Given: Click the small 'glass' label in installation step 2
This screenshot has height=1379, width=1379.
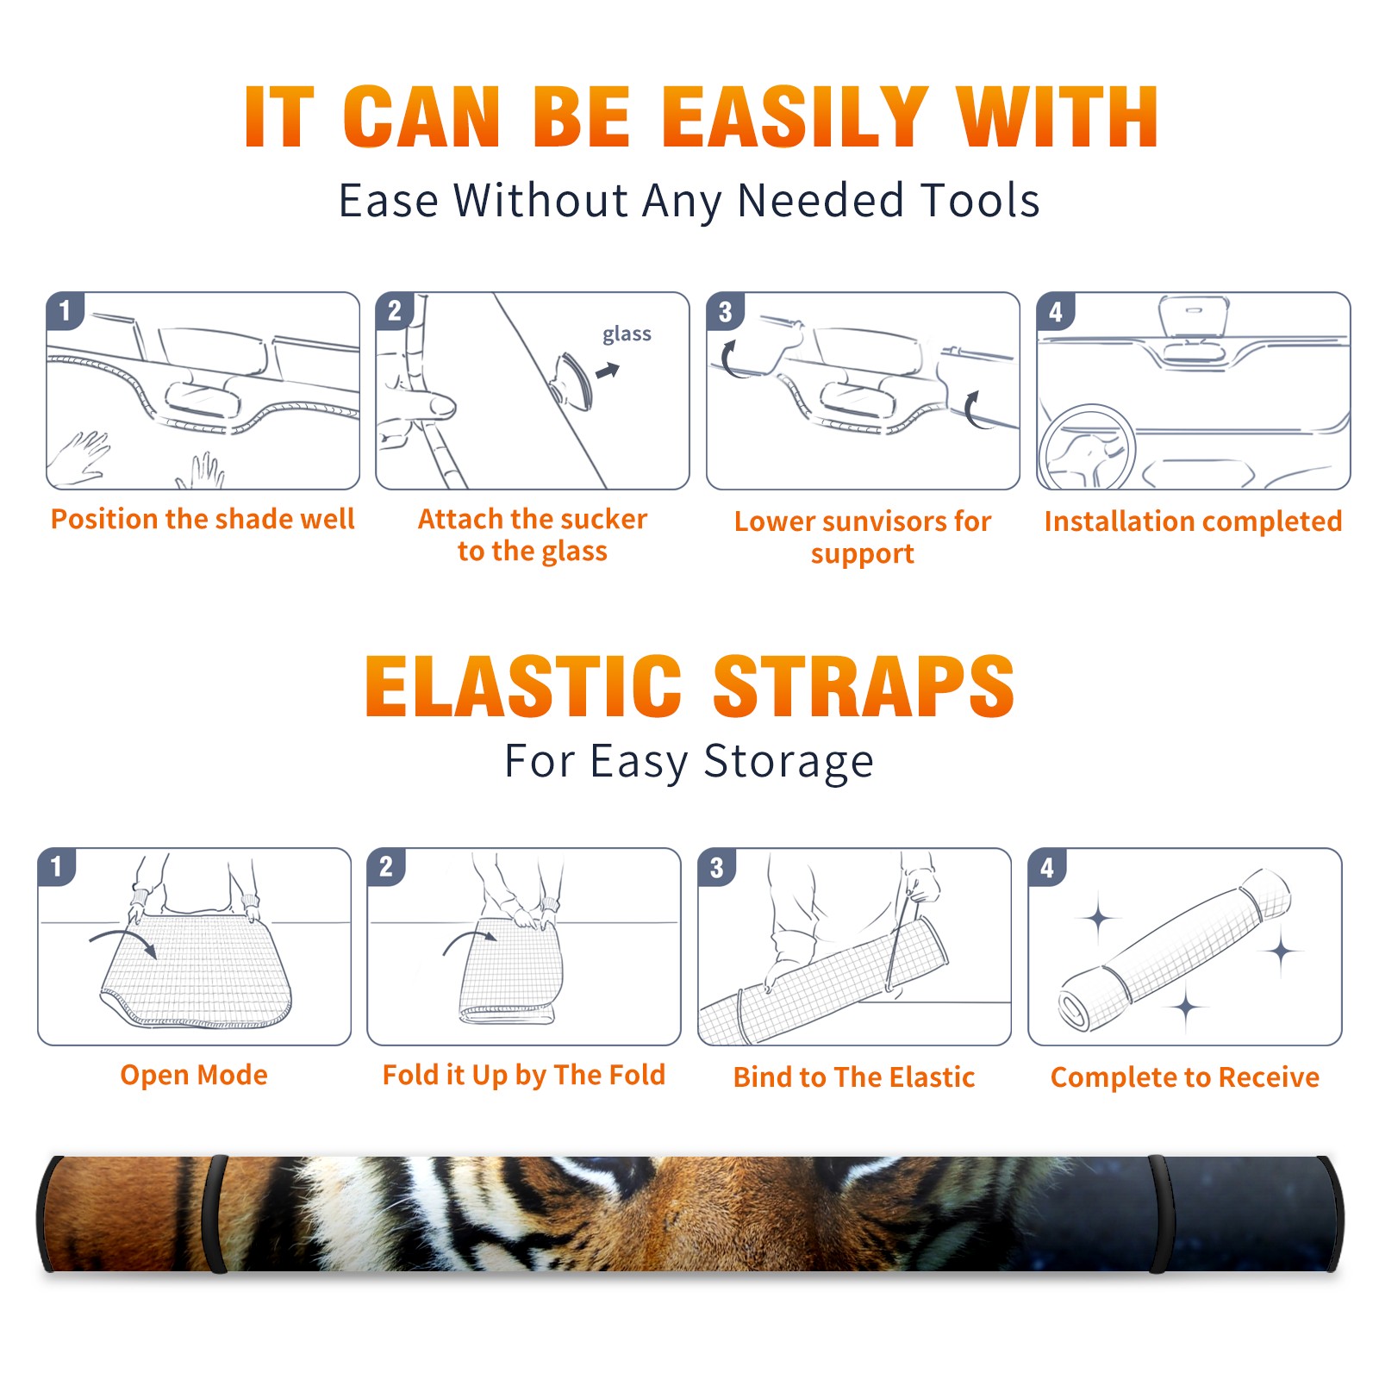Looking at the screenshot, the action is click(x=627, y=334).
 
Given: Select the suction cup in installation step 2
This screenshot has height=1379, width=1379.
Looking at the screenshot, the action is click(x=572, y=380).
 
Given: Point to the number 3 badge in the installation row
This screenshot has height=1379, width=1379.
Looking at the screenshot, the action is click(x=725, y=311).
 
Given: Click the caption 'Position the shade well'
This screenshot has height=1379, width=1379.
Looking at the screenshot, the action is click(x=203, y=519).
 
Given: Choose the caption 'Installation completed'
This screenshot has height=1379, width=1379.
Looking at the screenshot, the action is click(x=1193, y=521).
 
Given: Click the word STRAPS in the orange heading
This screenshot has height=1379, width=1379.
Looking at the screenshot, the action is click(x=864, y=686).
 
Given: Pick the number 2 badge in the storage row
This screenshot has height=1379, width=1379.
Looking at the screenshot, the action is click(x=385, y=867).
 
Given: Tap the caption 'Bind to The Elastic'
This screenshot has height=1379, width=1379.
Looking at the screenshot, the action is click(x=853, y=1077).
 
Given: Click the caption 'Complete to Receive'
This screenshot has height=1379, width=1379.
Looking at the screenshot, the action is click(x=1185, y=1077).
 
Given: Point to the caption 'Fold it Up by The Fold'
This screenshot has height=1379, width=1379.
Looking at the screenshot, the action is click(x=524, y=1075).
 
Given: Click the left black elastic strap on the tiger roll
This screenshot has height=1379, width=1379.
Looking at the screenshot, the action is click(x=215, y=1214).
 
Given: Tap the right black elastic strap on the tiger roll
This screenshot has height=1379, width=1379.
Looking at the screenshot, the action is click(x=1157, y=1214).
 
